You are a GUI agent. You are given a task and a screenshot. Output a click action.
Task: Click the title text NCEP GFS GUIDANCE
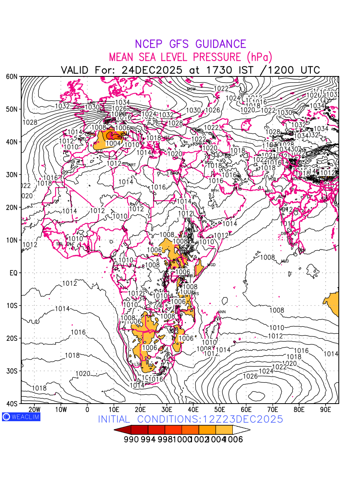point(190,44)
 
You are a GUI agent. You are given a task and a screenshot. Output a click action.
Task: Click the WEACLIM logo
point(21,416)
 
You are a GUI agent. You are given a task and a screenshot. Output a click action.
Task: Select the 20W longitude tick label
point(35,409)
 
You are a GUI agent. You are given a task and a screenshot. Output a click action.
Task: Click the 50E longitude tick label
point(220,409)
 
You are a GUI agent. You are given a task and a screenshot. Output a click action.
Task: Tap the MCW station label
point(191,89)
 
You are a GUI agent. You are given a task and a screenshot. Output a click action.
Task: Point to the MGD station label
point(211,265)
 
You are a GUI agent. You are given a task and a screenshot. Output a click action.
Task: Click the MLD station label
point(285,261)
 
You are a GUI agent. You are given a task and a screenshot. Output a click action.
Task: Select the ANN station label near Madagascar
point(221,312)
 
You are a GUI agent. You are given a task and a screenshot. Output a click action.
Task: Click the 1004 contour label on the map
point(113,143)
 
